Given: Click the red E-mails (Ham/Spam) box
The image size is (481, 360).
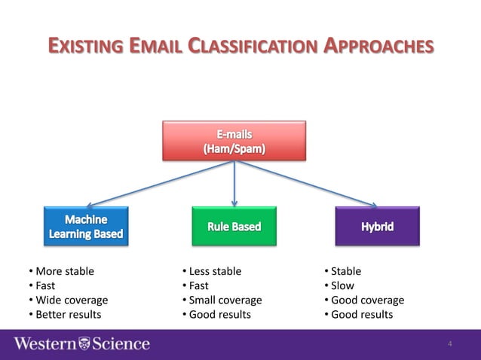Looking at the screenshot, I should click(234, 141).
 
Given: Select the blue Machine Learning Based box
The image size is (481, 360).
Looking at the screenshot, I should click(85, 227).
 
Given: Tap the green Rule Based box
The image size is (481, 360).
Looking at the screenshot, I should click(234, 226).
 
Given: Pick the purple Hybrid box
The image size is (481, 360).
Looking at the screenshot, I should click(376, 226).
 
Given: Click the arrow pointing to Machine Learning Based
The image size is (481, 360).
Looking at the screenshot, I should click(143, 185).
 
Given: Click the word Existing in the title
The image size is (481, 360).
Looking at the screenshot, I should click(84, 45).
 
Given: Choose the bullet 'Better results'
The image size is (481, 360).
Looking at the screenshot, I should click(68, 314).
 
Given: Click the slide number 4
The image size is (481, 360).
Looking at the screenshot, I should click(449, 345).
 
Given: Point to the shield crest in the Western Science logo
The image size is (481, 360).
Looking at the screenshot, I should click(84, 344).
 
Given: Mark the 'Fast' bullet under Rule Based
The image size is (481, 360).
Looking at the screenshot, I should click(198, 285).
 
